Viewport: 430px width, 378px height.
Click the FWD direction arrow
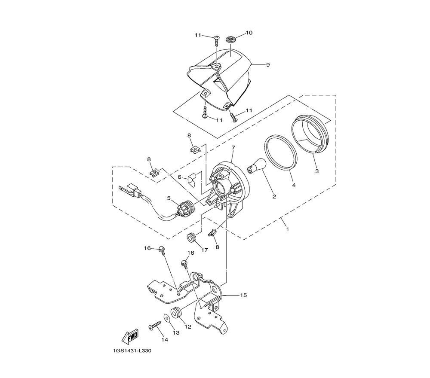[130, 336]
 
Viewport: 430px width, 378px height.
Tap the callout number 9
[268, 64]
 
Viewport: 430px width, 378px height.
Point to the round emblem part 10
[230, 40]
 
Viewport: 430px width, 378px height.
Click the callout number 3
[317, 171]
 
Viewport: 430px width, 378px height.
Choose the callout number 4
[294, 185]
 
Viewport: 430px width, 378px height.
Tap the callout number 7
[233, 148]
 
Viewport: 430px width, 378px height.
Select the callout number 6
[180, 177]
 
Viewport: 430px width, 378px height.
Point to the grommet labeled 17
[192, 237]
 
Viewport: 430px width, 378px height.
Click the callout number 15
[243, 295]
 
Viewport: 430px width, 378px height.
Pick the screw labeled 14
[155, 326]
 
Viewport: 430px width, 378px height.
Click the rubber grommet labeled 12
[176, 314]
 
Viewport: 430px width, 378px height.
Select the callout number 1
[287, 229]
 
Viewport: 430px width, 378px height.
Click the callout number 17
[205, 250]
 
